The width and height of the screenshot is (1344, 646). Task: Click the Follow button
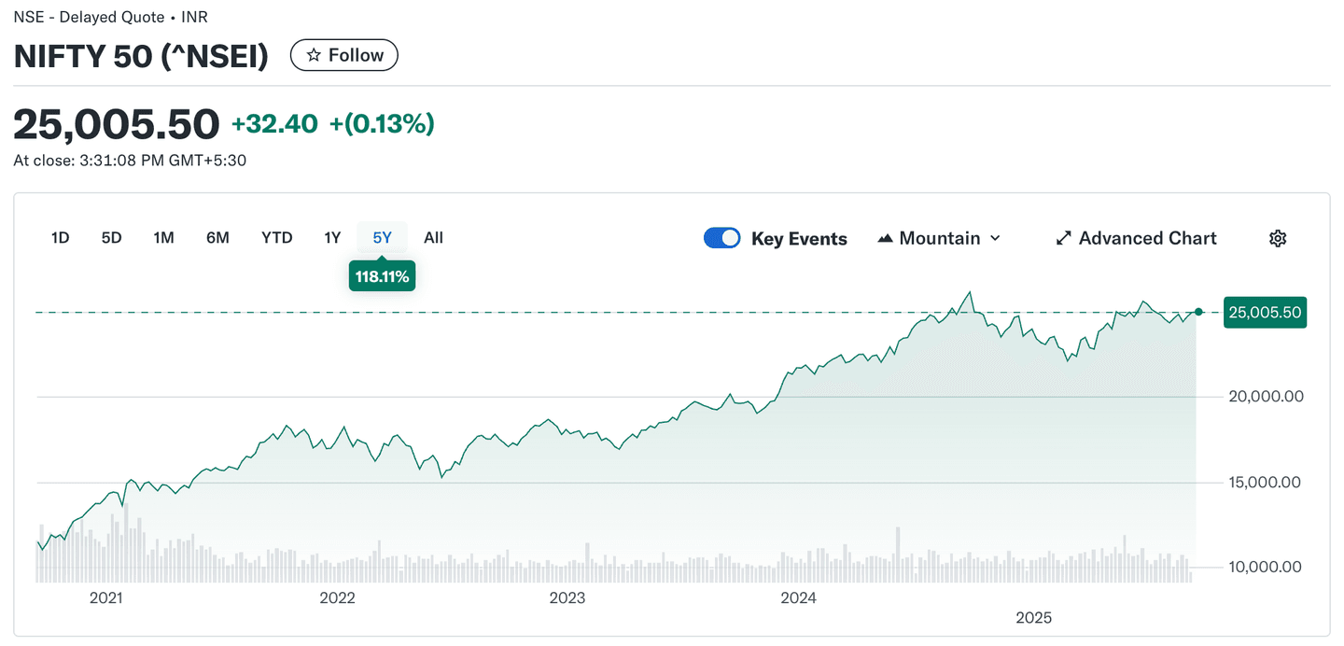click(344, 56)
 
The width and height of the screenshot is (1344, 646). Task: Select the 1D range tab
click(61, 238)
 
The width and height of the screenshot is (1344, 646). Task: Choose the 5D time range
click(112, 238)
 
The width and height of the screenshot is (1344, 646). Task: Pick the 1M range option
click(164, 238)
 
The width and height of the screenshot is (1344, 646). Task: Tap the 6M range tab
click(217, 238)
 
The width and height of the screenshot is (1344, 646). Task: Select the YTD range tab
click(277, 238)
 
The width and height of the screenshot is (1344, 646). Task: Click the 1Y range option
click(332, 238)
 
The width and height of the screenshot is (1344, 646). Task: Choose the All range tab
click(433, 238)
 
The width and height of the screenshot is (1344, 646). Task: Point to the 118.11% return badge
click(382, 276)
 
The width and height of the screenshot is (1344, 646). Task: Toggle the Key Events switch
click(722, 238)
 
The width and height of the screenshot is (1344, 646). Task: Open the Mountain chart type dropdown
click(939, 238)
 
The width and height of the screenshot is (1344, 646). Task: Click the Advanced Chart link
click(1136, 238)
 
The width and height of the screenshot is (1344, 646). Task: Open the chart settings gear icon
click(1278, 238)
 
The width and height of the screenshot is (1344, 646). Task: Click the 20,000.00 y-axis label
click(1265, 397)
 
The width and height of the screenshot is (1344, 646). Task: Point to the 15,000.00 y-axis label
click(1265, 483)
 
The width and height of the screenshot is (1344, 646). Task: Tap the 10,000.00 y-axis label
click(1265, 568)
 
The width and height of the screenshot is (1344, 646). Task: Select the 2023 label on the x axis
click(567, 598)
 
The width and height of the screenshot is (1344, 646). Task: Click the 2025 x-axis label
click(1034, 618)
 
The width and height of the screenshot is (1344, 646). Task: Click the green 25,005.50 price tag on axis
click(1265, 313)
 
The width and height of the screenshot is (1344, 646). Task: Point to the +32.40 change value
click(274, 123)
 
